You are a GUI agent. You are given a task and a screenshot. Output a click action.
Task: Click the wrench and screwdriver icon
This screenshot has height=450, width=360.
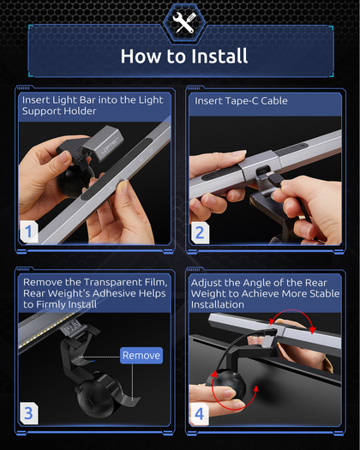(184, 22)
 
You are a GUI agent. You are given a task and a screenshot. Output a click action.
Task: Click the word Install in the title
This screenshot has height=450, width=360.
(219, 56)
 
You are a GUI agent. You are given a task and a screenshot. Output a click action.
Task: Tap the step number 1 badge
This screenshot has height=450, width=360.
(28, 231)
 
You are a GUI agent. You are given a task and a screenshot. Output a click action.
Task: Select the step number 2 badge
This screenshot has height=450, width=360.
(200, 233)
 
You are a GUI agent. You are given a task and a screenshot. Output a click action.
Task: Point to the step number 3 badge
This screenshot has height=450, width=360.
(28, 413)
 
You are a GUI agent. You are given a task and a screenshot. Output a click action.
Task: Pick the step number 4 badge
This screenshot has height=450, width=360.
(199, 413)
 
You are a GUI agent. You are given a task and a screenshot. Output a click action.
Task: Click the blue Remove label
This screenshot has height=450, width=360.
(141, 356)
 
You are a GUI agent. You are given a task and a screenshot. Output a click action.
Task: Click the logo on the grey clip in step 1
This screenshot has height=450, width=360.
(111, 147)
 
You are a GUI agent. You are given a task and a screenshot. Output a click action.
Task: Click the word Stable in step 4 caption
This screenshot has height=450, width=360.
(324, 294)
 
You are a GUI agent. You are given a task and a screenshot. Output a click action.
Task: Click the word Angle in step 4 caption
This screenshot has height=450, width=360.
(256, 283)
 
